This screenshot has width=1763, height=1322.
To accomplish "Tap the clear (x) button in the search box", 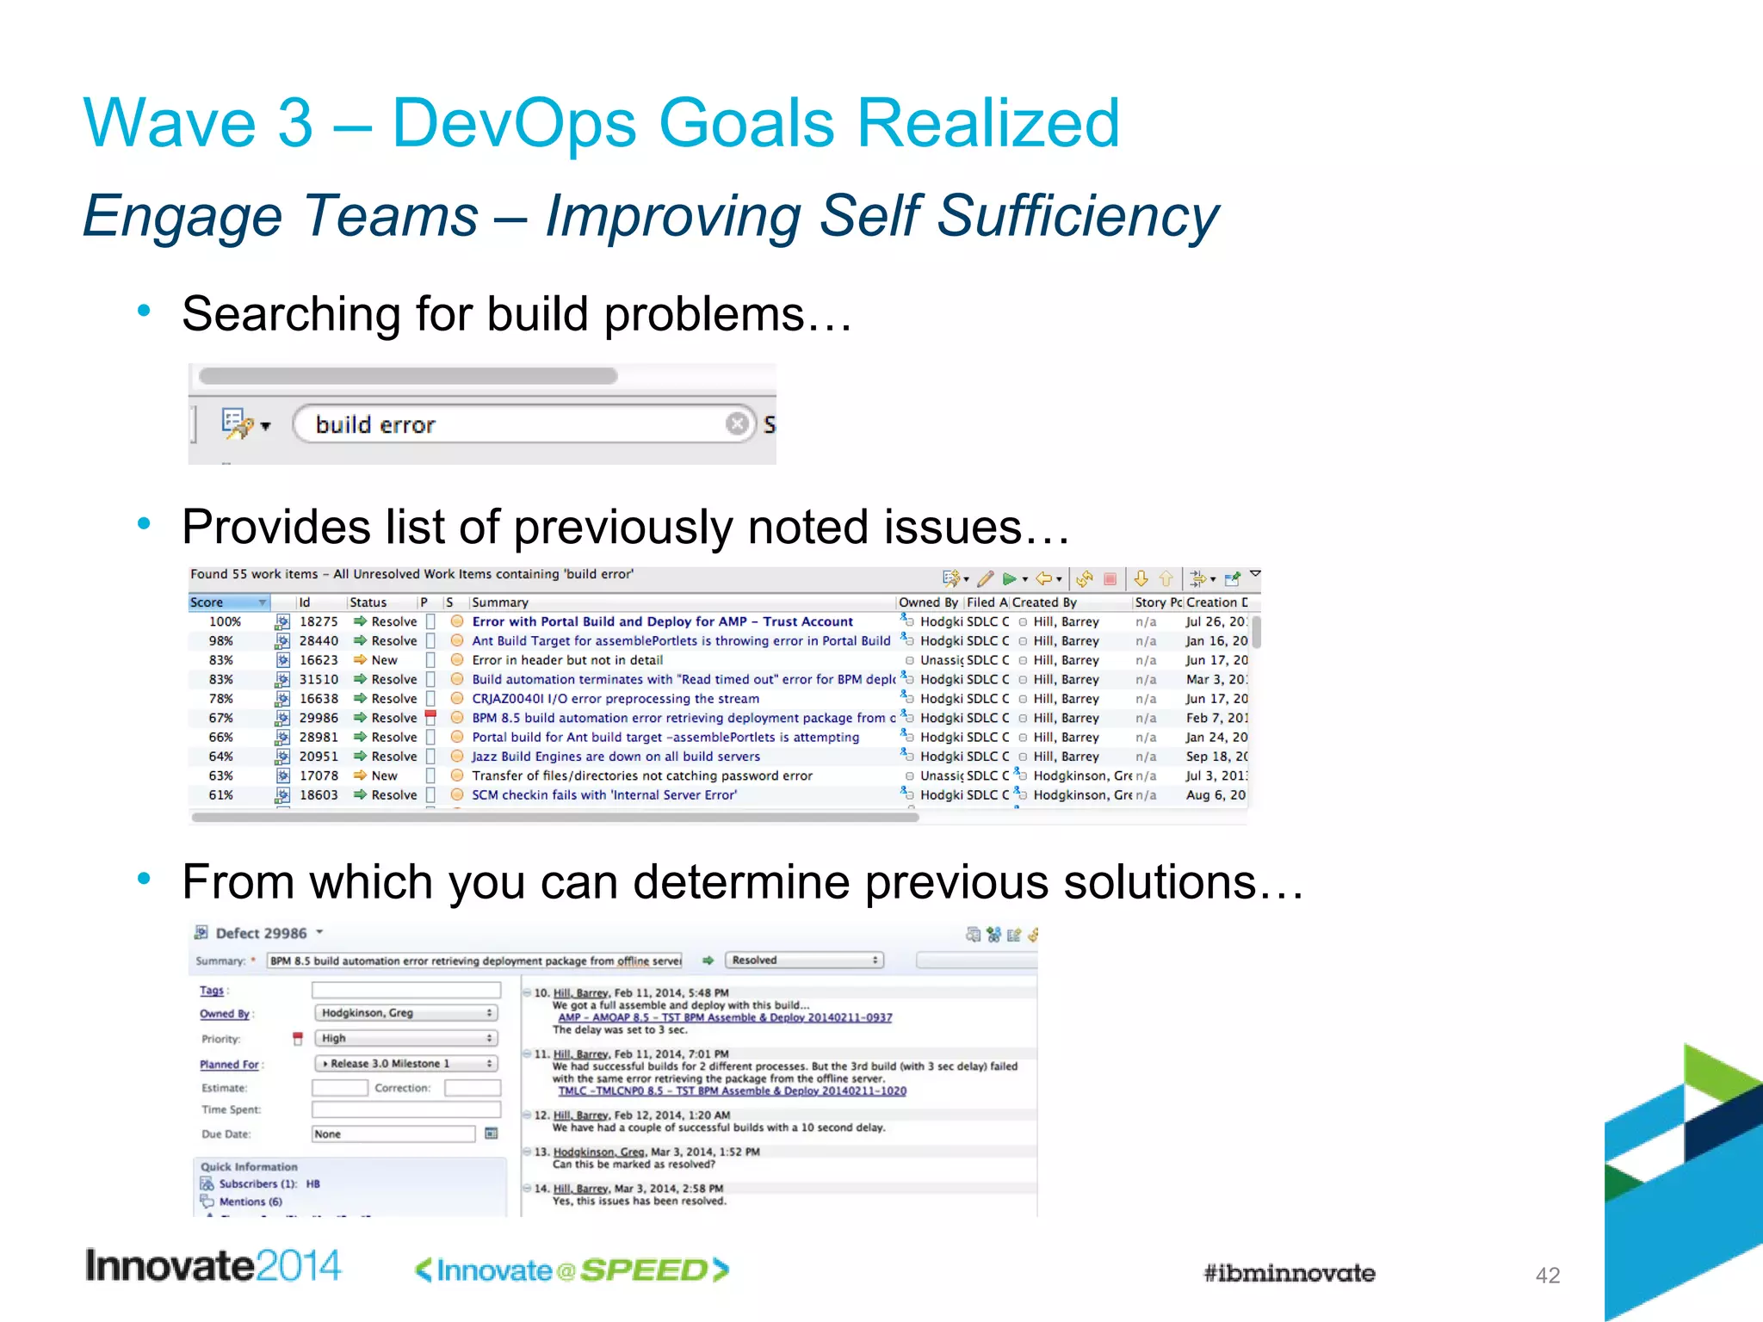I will pos(736,423).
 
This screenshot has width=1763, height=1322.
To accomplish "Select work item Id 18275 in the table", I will pos(318,621).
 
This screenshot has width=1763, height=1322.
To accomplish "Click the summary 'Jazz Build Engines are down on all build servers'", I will pos(616,757).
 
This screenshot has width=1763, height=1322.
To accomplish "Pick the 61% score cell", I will pos(221,795).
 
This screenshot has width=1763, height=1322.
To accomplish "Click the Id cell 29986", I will pos(318,718).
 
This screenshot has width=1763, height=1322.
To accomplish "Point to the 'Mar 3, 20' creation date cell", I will pos(1216,679).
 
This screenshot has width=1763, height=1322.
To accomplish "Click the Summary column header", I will pos(500,602).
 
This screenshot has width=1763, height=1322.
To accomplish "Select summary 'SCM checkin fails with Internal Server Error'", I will pos(603,795).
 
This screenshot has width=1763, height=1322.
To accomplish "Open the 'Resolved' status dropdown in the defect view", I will pos(804,960).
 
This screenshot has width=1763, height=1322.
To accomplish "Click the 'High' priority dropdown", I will pos(405,1038).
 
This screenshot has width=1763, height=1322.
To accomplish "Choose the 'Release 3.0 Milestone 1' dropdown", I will pos(405,1064).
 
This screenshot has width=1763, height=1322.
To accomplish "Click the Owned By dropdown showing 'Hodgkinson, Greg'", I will pos(405,1013).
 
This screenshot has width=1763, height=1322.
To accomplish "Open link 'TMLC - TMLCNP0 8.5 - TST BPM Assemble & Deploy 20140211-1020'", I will pos(732,1090).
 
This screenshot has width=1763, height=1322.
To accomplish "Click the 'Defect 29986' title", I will pos(261,933).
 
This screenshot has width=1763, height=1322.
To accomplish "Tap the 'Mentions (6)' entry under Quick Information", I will pos(250,1202).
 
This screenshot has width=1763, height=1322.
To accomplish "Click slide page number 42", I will pos(1547,1275).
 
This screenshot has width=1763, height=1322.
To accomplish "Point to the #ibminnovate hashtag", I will pos(1289,1273).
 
